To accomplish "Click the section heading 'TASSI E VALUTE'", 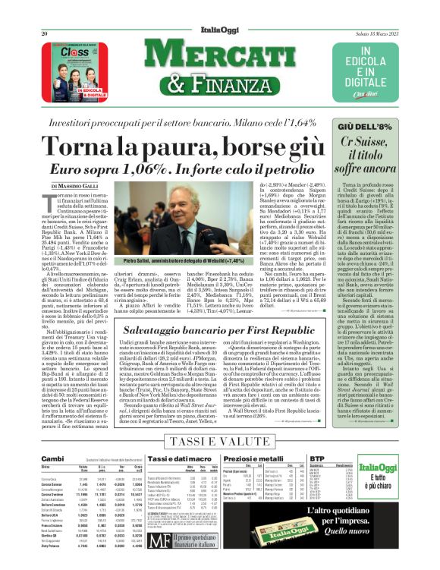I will [218, 441].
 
